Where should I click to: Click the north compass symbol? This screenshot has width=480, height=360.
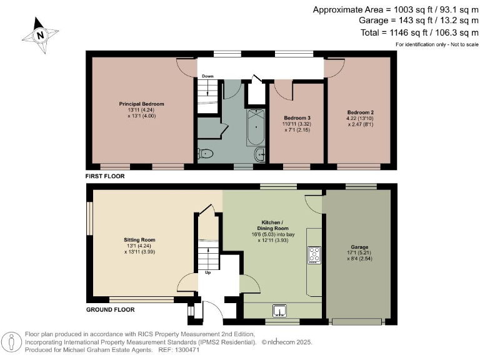coord(41,35)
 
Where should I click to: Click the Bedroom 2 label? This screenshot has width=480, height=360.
coord(360,112)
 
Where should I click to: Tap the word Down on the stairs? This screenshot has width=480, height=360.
coord(207,76)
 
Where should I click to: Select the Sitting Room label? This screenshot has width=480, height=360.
coord(139,240)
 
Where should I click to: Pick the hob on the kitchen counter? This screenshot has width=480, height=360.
coord(314,254)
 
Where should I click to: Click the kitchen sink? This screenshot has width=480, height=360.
coord(279,309)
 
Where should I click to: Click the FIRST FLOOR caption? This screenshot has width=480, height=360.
coord(106,177)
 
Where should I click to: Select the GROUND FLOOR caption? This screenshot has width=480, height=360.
coord(110,309)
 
